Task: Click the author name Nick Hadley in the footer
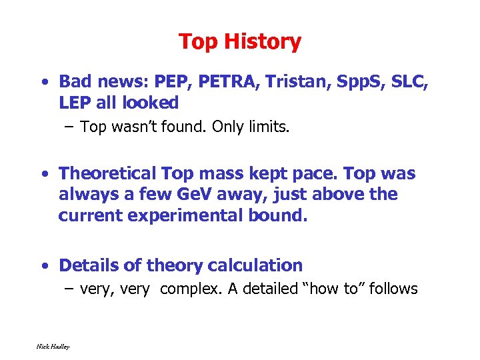(53, 346)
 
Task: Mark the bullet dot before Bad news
(43, 83)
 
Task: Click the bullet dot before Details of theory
(43, 266)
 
